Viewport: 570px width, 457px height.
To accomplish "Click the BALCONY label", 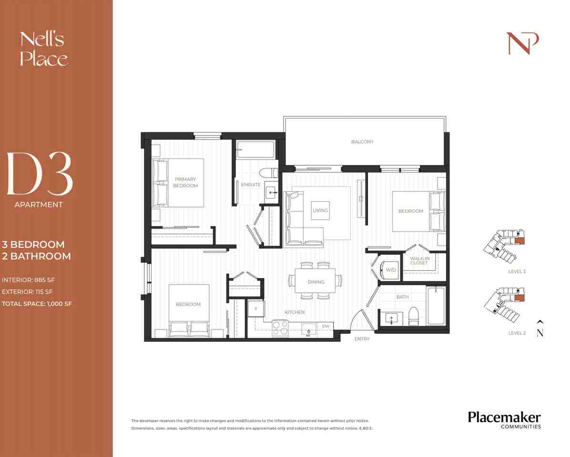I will tap(362, 142).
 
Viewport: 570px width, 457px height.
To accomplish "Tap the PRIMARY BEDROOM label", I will tap(185, 182).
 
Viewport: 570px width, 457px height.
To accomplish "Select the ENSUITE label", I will tap(251, 185).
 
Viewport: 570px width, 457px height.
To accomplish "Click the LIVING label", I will tap(320, 210).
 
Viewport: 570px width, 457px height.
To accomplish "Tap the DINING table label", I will tap(316, 282).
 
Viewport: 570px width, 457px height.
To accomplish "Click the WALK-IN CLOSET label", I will tap(418, 260).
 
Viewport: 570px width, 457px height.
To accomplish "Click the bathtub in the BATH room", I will tap(436, 305).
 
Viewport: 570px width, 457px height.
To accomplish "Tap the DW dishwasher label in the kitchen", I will tap(326, 326).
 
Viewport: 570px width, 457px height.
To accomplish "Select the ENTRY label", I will tap(362, 339).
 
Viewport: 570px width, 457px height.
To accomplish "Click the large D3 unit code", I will tap(40, 174).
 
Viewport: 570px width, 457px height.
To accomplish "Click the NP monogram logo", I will tap(522, 44).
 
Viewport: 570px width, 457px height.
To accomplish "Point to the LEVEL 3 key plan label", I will tap(517, 271).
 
